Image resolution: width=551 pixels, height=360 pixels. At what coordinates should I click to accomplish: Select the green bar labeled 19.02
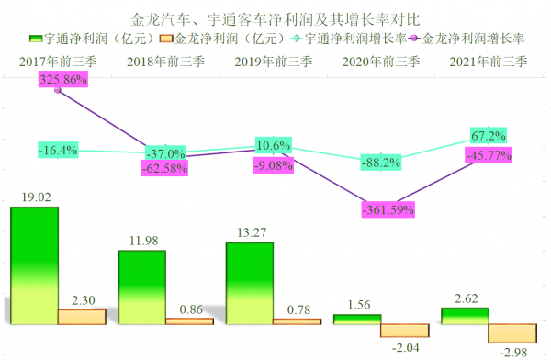[34, 266]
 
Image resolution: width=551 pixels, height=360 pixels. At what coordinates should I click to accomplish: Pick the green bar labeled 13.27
[249, 283]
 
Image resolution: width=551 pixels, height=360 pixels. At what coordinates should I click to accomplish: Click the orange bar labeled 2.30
[82, 317]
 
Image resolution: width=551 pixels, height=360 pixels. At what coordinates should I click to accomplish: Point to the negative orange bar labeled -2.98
[512, 333]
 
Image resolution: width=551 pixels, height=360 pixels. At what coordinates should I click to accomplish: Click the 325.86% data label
[63, 81]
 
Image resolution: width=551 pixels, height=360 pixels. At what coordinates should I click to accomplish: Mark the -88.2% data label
[380, 163]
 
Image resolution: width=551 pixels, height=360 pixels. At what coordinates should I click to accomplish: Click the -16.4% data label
[58, 149]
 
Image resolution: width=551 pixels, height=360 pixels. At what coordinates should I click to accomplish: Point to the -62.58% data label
[165, 169]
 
